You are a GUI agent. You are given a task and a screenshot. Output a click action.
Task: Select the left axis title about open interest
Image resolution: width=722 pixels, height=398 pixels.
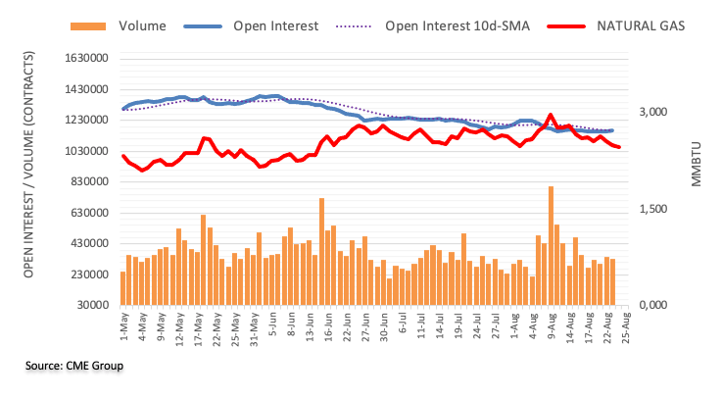[29, 181]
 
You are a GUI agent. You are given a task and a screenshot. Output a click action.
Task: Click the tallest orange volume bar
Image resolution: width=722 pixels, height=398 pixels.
[552, 245]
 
